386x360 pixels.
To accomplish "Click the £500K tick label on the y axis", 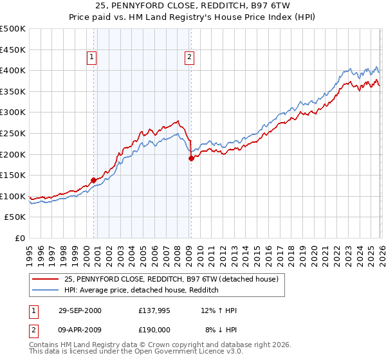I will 13,29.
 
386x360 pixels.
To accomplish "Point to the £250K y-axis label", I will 13,133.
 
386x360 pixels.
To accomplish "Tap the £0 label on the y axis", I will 20,238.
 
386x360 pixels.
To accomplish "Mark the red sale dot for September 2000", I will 93,180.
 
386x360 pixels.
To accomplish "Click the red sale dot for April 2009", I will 191,158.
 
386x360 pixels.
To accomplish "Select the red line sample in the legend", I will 45,279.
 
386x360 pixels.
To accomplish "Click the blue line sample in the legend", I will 45,290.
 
